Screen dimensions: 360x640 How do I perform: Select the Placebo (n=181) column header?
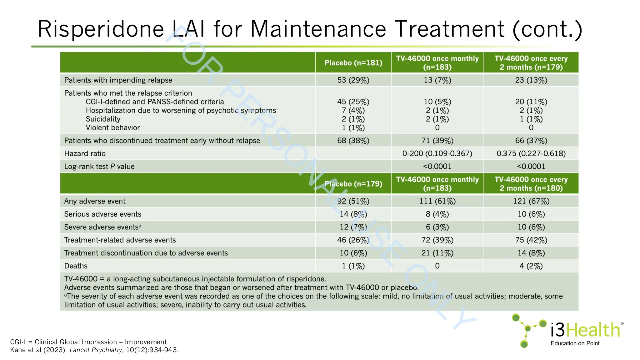[x=353, y=63]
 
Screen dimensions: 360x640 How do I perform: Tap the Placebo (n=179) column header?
[x=353, y=184]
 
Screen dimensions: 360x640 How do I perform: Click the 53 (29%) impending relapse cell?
[x=353, y=80]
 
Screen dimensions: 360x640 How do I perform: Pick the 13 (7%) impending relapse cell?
[x=437, y=80]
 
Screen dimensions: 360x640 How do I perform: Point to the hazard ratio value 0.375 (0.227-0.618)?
[x=531, y=153]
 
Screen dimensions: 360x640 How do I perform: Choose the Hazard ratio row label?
[x=85, y=153]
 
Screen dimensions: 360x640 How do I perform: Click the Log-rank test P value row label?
[x=99, y=167]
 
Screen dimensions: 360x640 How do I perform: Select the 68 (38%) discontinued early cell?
[x=353, y=141]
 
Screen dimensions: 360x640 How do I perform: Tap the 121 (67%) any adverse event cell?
[x=531, y=201]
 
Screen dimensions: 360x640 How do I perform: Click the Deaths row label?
[x=76, y=266]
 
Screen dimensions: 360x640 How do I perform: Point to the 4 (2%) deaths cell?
[x=531, y=266]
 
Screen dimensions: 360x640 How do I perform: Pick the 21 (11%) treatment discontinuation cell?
[x=437, y=253]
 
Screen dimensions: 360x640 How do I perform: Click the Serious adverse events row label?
[x=102, y=214]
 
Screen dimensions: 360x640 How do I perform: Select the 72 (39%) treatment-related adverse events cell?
[x=437, y=240]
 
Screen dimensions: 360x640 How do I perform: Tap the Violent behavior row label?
[x=112, y=128]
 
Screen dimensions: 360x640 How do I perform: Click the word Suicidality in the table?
[x=103, y=119]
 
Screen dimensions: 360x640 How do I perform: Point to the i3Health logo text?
[x=585, y=330]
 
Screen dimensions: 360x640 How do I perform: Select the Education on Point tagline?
[x=575, y=343]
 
